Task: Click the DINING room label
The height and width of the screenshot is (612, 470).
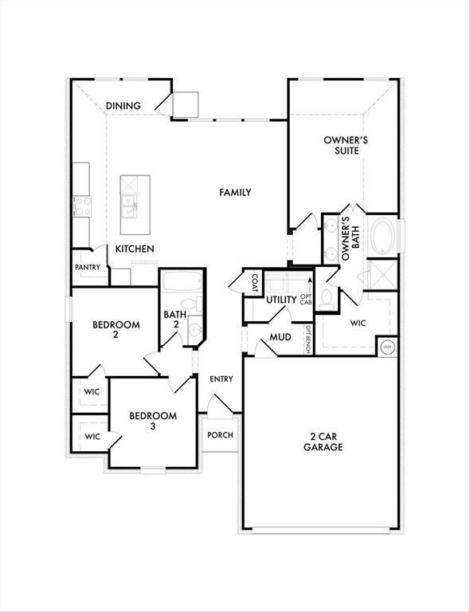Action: (123, 106)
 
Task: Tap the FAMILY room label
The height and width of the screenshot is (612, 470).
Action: (235, 192)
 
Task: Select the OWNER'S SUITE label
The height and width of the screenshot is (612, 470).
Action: (340, 145)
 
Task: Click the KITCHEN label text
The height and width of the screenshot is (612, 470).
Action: (135, 249)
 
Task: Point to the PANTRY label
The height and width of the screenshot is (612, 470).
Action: (88, 268)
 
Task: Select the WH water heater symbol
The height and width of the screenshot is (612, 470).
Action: (387, 347)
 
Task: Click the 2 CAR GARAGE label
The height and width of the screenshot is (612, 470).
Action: (323, 441)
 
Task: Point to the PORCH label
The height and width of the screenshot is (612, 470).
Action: (220, 435)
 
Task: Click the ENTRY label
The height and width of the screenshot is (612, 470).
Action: (221, 379)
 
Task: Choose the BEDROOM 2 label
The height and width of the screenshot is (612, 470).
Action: (116, 330)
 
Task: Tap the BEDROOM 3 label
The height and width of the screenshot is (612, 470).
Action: (153, 421)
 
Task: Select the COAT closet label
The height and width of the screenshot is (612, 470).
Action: (254, 282)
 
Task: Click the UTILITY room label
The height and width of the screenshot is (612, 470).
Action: (281, 300)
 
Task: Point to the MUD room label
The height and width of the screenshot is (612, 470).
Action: (280, 338)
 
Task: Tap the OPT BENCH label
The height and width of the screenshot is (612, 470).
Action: (308, 339)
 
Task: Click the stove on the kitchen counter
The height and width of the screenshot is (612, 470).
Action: (81, 206)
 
